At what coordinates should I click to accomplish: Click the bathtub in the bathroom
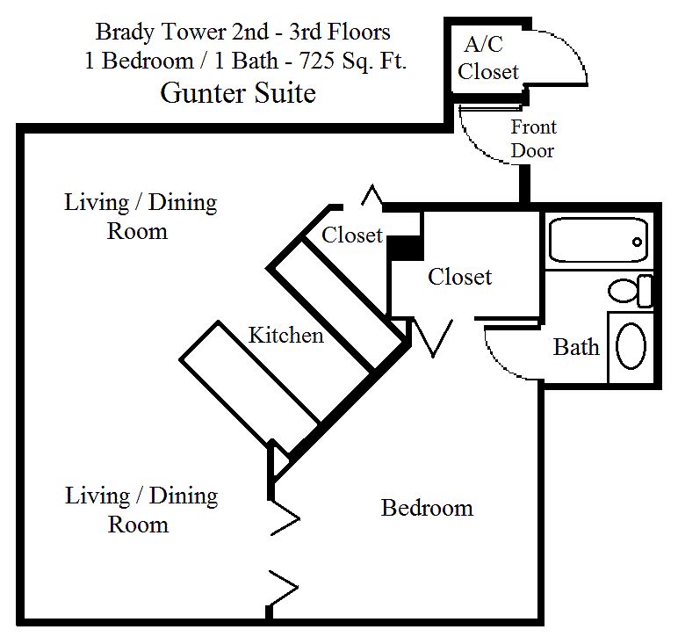click(598, 240)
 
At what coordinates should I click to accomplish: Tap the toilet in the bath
click(631, 291)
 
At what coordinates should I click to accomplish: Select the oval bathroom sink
click(631, 346)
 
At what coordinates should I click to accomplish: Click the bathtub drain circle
click(637, 242)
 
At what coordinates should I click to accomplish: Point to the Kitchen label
click(285, 336)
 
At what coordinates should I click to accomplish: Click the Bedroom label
click(427, 508)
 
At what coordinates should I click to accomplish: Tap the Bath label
click(576, 347)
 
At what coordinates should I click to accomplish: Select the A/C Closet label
click(487, 58)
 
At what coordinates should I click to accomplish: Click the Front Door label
click(534, 139)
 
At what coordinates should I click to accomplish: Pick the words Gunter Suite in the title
click(238, 92)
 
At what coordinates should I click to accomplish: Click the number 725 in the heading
click(317, 61)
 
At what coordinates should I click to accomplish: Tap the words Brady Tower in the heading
click(161, 32)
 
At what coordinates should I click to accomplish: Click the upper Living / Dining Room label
click(141, 216)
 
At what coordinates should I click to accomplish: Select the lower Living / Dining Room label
click(141, 510)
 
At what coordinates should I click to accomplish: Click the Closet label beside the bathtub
click(459, 277)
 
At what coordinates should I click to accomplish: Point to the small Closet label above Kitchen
click(352, 235)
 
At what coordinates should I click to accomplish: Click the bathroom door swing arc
click(497, 363)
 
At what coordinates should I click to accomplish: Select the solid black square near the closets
click(404, 249)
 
